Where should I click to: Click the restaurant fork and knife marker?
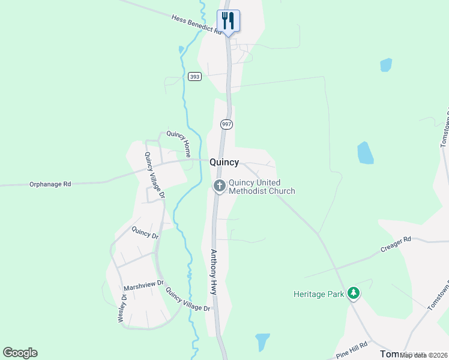[x=228, y=20]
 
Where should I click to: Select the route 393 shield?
[x=194, y=76]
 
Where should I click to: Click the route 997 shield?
[x=226, y=124]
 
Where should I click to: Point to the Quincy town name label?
[x=224, y=162]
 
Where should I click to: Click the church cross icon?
[x=219, y=187]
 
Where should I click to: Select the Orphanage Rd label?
[x=50, y=184]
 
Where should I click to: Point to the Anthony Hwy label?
[x=212, y=272]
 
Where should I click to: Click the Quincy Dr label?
[x=145, y=233]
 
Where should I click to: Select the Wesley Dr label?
[x=122, y=308]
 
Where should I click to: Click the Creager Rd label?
[x=396, y=244]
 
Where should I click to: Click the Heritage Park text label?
[x=319, y=294]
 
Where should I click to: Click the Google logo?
[x=20, y=353]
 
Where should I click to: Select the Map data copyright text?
[x=423, y=355]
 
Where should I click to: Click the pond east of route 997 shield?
[x=365, y=152]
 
